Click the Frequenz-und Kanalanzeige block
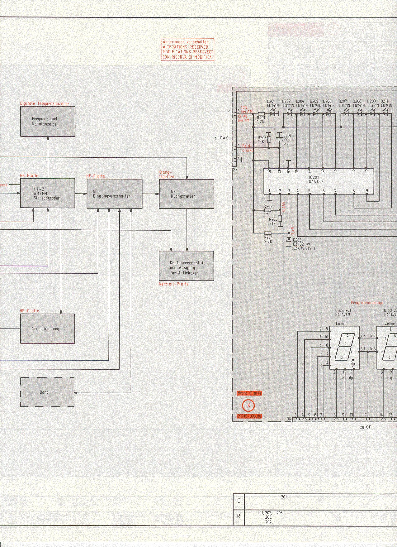(x=48, y=121)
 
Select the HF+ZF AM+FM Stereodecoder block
(x=48, y=193)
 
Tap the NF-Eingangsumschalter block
(x=114, y=194)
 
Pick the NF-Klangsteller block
(x=187, y=194)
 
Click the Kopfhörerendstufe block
(x=187, y=266)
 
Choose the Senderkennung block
(x=48, y=329)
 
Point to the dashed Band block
(x=47, y=392)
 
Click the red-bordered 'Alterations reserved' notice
(x=188, y=50)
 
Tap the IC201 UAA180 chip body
(x=319, y=181)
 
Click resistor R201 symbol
(x=261, y=114)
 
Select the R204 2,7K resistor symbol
(x=268, y=233)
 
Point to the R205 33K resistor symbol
(x=280, y=218)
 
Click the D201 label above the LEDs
(x=271, y=102)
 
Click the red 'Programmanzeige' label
(x=367, y=303)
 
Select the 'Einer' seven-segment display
(x=344, y=348)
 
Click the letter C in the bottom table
(x=239, y=501)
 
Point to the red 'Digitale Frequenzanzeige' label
(x=44, y=103)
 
